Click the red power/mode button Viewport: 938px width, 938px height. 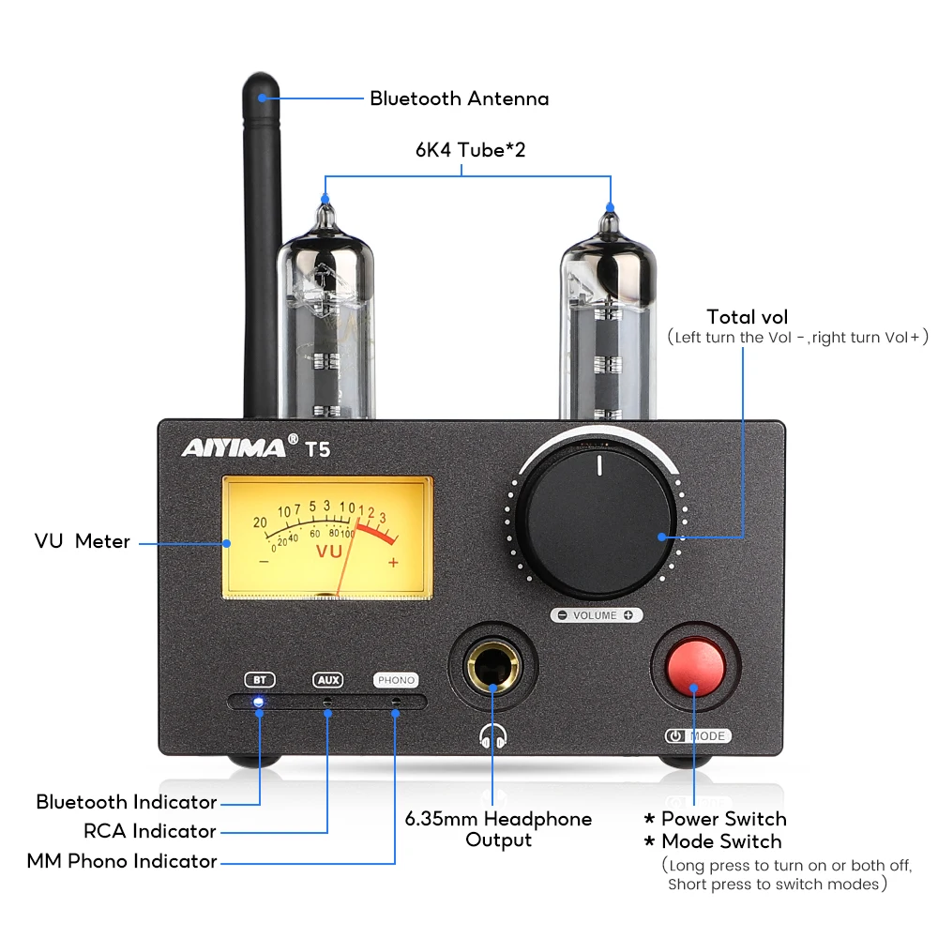point(695,665)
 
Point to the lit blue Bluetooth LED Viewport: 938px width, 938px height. point(258,702)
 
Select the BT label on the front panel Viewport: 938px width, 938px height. point(259,679)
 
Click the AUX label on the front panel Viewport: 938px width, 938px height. point(327,679)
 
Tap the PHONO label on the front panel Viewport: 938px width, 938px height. point(395,679)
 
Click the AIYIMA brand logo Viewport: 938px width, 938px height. point(234,447)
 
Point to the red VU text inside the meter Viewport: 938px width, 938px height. point(329,552)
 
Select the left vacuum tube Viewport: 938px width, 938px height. point(325,319)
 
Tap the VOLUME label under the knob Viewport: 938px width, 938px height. point(595,615)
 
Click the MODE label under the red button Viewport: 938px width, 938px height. point(707,736)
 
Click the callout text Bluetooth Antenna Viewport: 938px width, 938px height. point(459,98)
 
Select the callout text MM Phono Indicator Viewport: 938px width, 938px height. point(122,861)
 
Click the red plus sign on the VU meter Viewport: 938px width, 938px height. point(393,562)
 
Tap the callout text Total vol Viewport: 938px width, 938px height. point(748,316)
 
